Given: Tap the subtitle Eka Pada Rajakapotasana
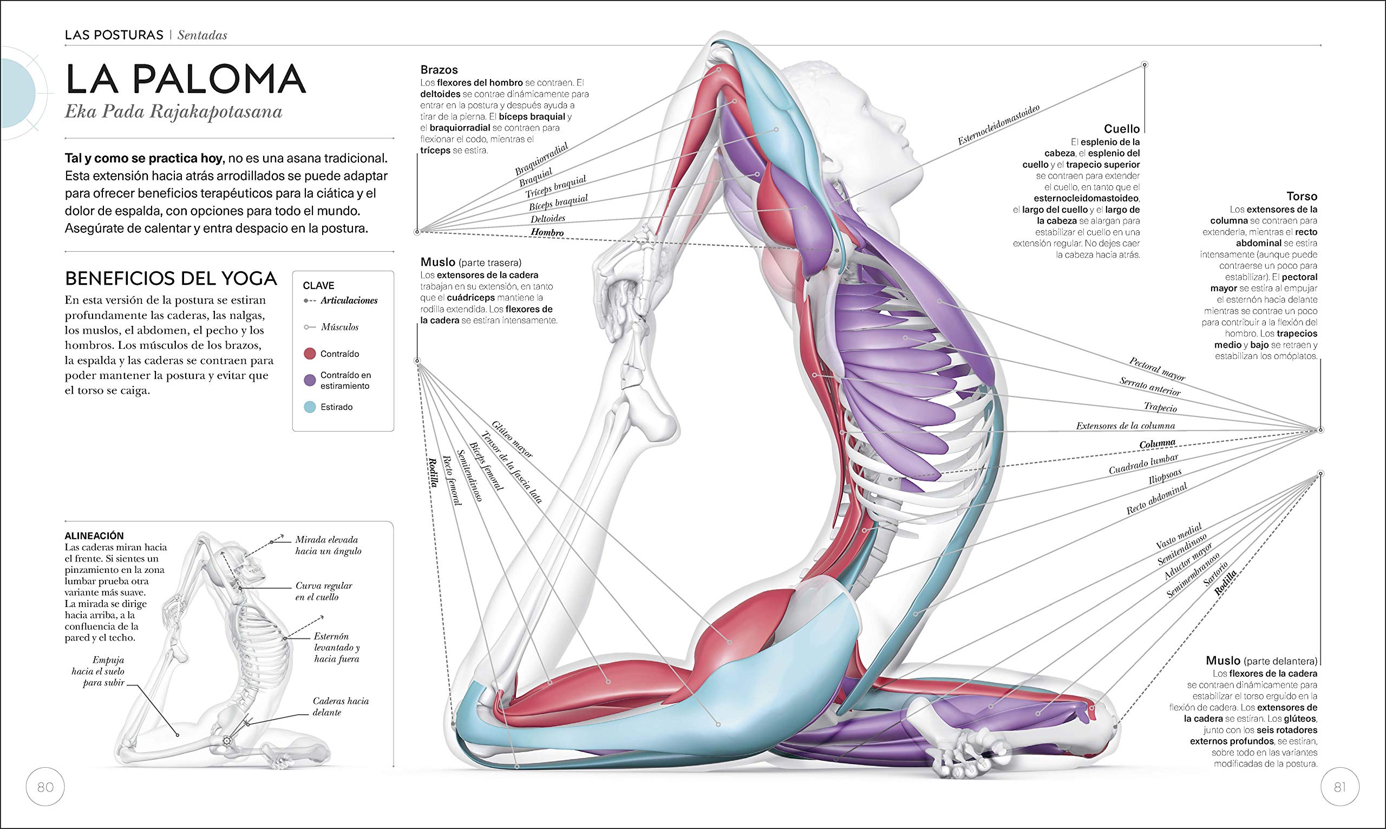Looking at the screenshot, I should [x=173, y=112].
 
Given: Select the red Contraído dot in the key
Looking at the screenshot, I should [x=309, y=354].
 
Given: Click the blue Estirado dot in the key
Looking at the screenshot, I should [x=309, y=407].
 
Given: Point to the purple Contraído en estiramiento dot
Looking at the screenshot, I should [x=309, y=381].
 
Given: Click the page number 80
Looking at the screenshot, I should [x=45, y=787].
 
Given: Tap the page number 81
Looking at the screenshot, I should [x=1339, y=787].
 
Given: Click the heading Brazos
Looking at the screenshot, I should [x=439, y=70].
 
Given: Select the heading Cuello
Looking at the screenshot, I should [x=1121, y=129].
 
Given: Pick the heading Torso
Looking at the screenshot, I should [x=1302, y=196].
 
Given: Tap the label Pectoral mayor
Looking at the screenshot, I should [x=1156, y=369].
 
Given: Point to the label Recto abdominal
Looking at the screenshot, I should [x=1156, y=499].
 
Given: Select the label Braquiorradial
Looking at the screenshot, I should [x=541, y=159].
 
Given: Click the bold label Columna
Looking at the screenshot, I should [x=1157, y=444].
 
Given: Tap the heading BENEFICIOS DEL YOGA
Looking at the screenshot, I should [x=171, y=278].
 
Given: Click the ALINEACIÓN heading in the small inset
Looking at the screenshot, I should [x=94, y=535].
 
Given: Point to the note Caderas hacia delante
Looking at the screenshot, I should [x=340, y=707].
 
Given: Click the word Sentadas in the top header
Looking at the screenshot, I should [x=202, y=35].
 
